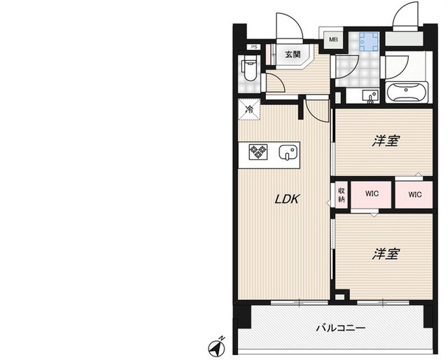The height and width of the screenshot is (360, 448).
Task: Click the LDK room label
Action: pyautogui.click(x=286, y=199)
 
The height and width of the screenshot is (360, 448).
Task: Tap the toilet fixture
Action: pyautogui.click(x=249, y=70)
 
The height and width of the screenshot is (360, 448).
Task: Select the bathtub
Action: pyautogui.click(x=407, y=93)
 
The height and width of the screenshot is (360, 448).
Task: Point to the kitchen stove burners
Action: pyautogui.click(x=258, y=152)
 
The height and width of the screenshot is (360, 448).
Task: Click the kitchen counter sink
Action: pyautogui.click(x=287, y=153)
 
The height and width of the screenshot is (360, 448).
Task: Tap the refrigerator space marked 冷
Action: pyautogui.click(x=248, y=109)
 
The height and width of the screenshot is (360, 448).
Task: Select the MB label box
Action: pyautogui.click(x=331, y=39)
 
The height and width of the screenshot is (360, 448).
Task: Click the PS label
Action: pyautogui.click(x=254, y=48)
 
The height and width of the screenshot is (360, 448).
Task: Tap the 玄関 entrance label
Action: pyautogui.click(x=293, y=53)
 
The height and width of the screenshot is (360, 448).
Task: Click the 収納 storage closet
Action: pyautogui.click(x=341, y=194)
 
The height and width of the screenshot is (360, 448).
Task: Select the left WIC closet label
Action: pyautogui.click(x=371, y=195)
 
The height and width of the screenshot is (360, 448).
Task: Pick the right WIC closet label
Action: pyautogui.click(x=415, y=195)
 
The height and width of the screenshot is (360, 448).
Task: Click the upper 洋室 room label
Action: pyautogui.click(x=385, y=141)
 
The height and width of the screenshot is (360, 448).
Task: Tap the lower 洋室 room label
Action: pyautogui.click(x=385, y=253)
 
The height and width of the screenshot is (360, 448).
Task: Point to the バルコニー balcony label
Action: pyautogui.click(x=339, y=328)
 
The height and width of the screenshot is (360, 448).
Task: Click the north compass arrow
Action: pyautogui.click(x=217, y=346)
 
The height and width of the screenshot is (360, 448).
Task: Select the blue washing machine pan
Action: pyautogui.click(x=366, y=43)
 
